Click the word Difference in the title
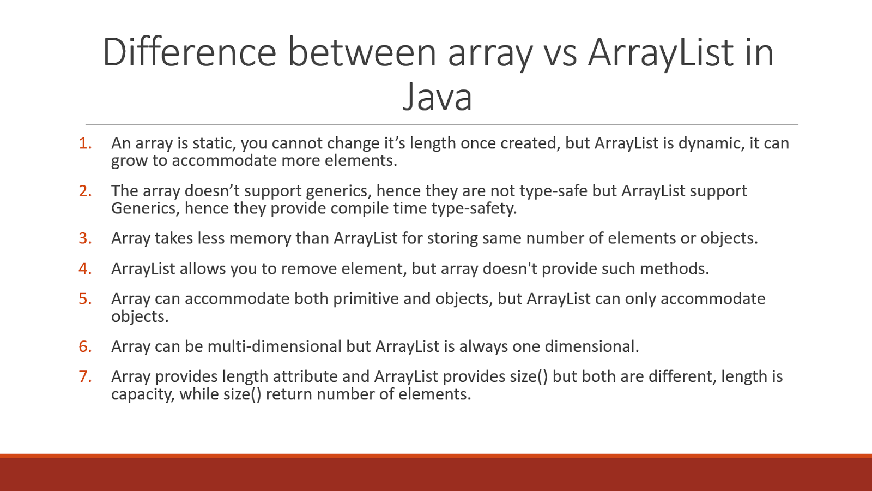click(190, 53)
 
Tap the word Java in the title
click(437, 98)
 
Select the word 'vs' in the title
click(560, 53)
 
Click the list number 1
click(85, 143)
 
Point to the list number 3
click(85, 238)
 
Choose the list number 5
click(85, 299)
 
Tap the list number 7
click(85, 376)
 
